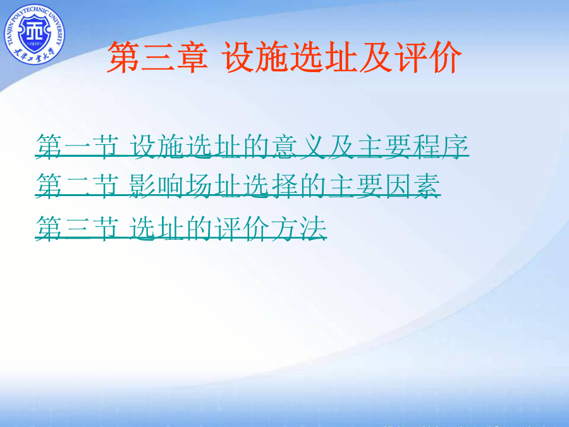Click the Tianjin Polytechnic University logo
click(x=34, y=34)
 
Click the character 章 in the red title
click(x=192, y=57)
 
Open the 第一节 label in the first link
click(x=77, y=147)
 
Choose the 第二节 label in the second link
click(x=77, y=185)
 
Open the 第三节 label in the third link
click(x=77, y=228)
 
